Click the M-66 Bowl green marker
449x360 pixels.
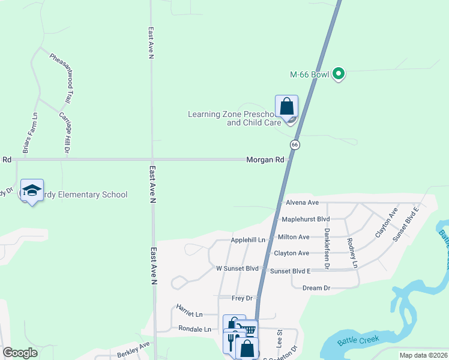339,74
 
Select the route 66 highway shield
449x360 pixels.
295,145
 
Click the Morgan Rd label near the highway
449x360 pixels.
265,160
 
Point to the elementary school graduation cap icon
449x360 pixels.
32,190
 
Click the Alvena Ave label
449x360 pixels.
302,203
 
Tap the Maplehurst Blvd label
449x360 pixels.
306,220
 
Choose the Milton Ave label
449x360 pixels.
294,237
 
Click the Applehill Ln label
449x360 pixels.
248,240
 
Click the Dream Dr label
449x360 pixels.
316,288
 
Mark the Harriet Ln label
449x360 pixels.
189,310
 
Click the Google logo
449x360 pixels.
20,353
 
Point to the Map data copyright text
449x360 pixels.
423,355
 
